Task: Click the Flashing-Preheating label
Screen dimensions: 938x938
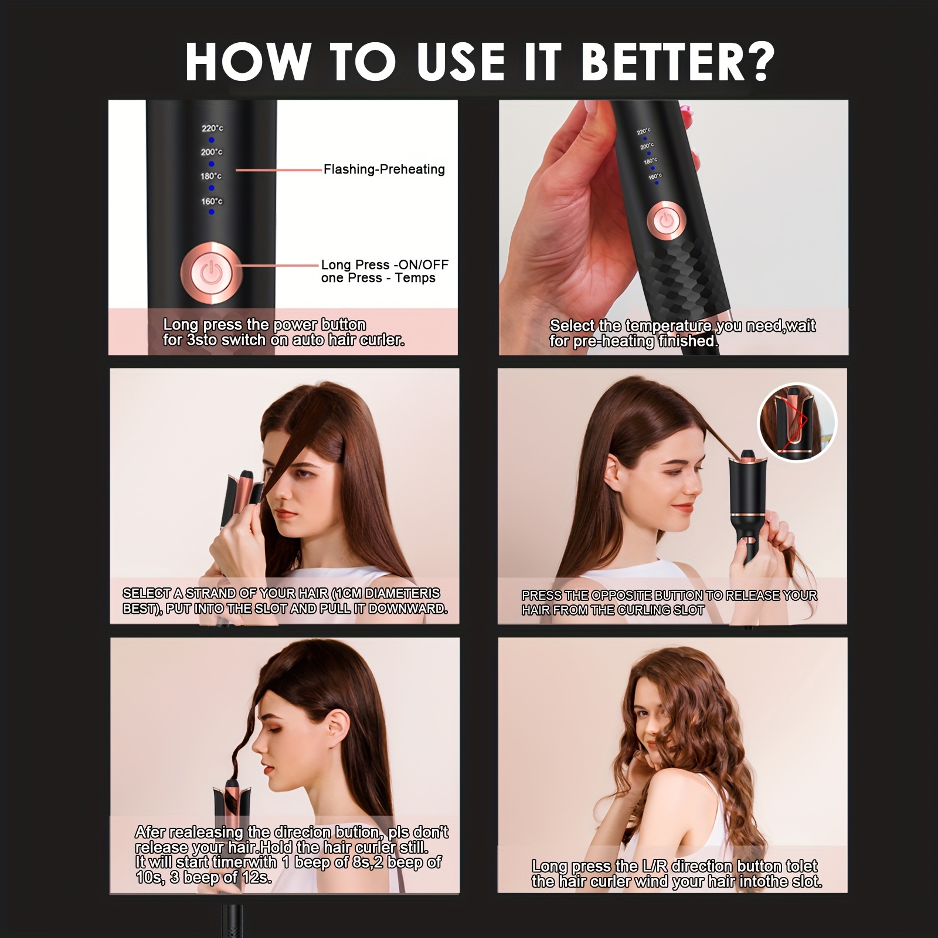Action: (385, 169)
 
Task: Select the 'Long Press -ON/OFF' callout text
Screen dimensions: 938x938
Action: (385, 264)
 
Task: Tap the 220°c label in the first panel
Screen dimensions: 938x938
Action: (212, 128)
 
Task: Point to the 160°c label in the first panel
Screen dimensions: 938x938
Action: (212, 201)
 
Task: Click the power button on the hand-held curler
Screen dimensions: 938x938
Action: (664, 220)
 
